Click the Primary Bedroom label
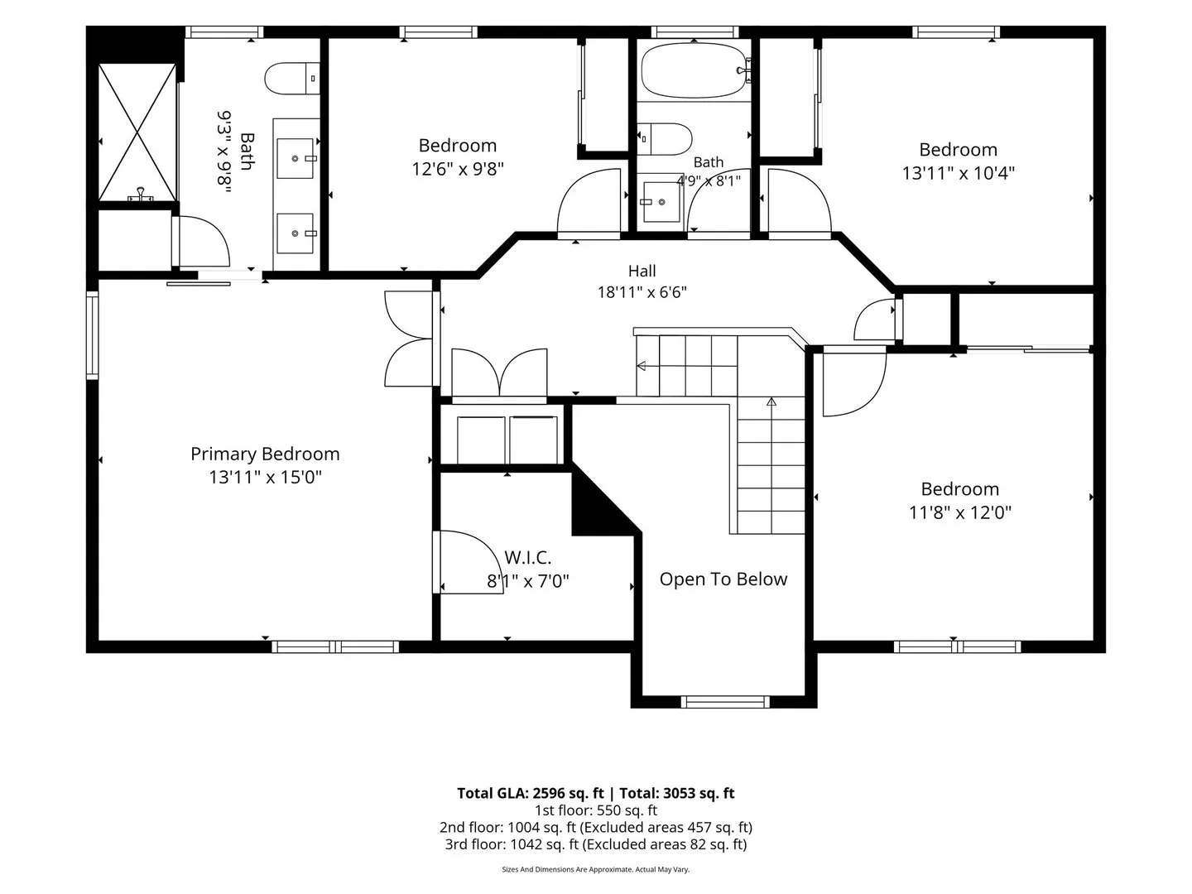[265, 454]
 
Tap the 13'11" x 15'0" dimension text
[265, 477]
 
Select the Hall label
[642, 271]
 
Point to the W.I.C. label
[527, 557]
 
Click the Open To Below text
[723, 579]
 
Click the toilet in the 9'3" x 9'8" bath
[292, 79]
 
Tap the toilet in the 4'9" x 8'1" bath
[665, 139]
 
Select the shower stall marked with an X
[137, 132]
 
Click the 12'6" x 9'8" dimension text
[457, 170]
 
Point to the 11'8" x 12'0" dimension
[960, 512]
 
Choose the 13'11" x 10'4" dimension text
[959, 173]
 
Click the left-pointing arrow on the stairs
[641, 366]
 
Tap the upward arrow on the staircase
[771, 401]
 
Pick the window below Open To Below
[725, 702]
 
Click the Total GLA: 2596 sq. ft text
[530, 793]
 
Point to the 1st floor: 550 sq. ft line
[596, 810]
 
